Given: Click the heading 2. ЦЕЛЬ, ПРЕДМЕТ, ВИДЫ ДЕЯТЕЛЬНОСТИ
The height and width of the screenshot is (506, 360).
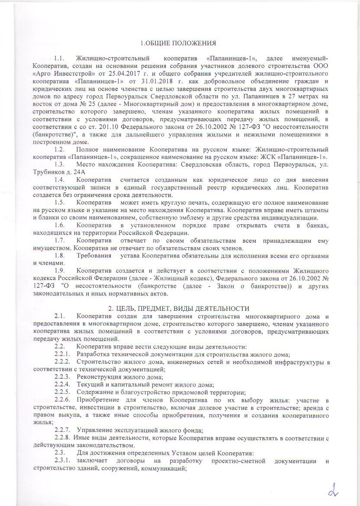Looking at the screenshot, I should point(178,308).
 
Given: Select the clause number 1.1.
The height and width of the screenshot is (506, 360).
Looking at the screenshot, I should point(59,58).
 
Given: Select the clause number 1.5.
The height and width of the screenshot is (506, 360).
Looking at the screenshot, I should point(59,202).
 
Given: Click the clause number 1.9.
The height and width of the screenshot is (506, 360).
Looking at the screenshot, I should point(59,271).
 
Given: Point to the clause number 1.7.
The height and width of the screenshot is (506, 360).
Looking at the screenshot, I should point(59,240).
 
